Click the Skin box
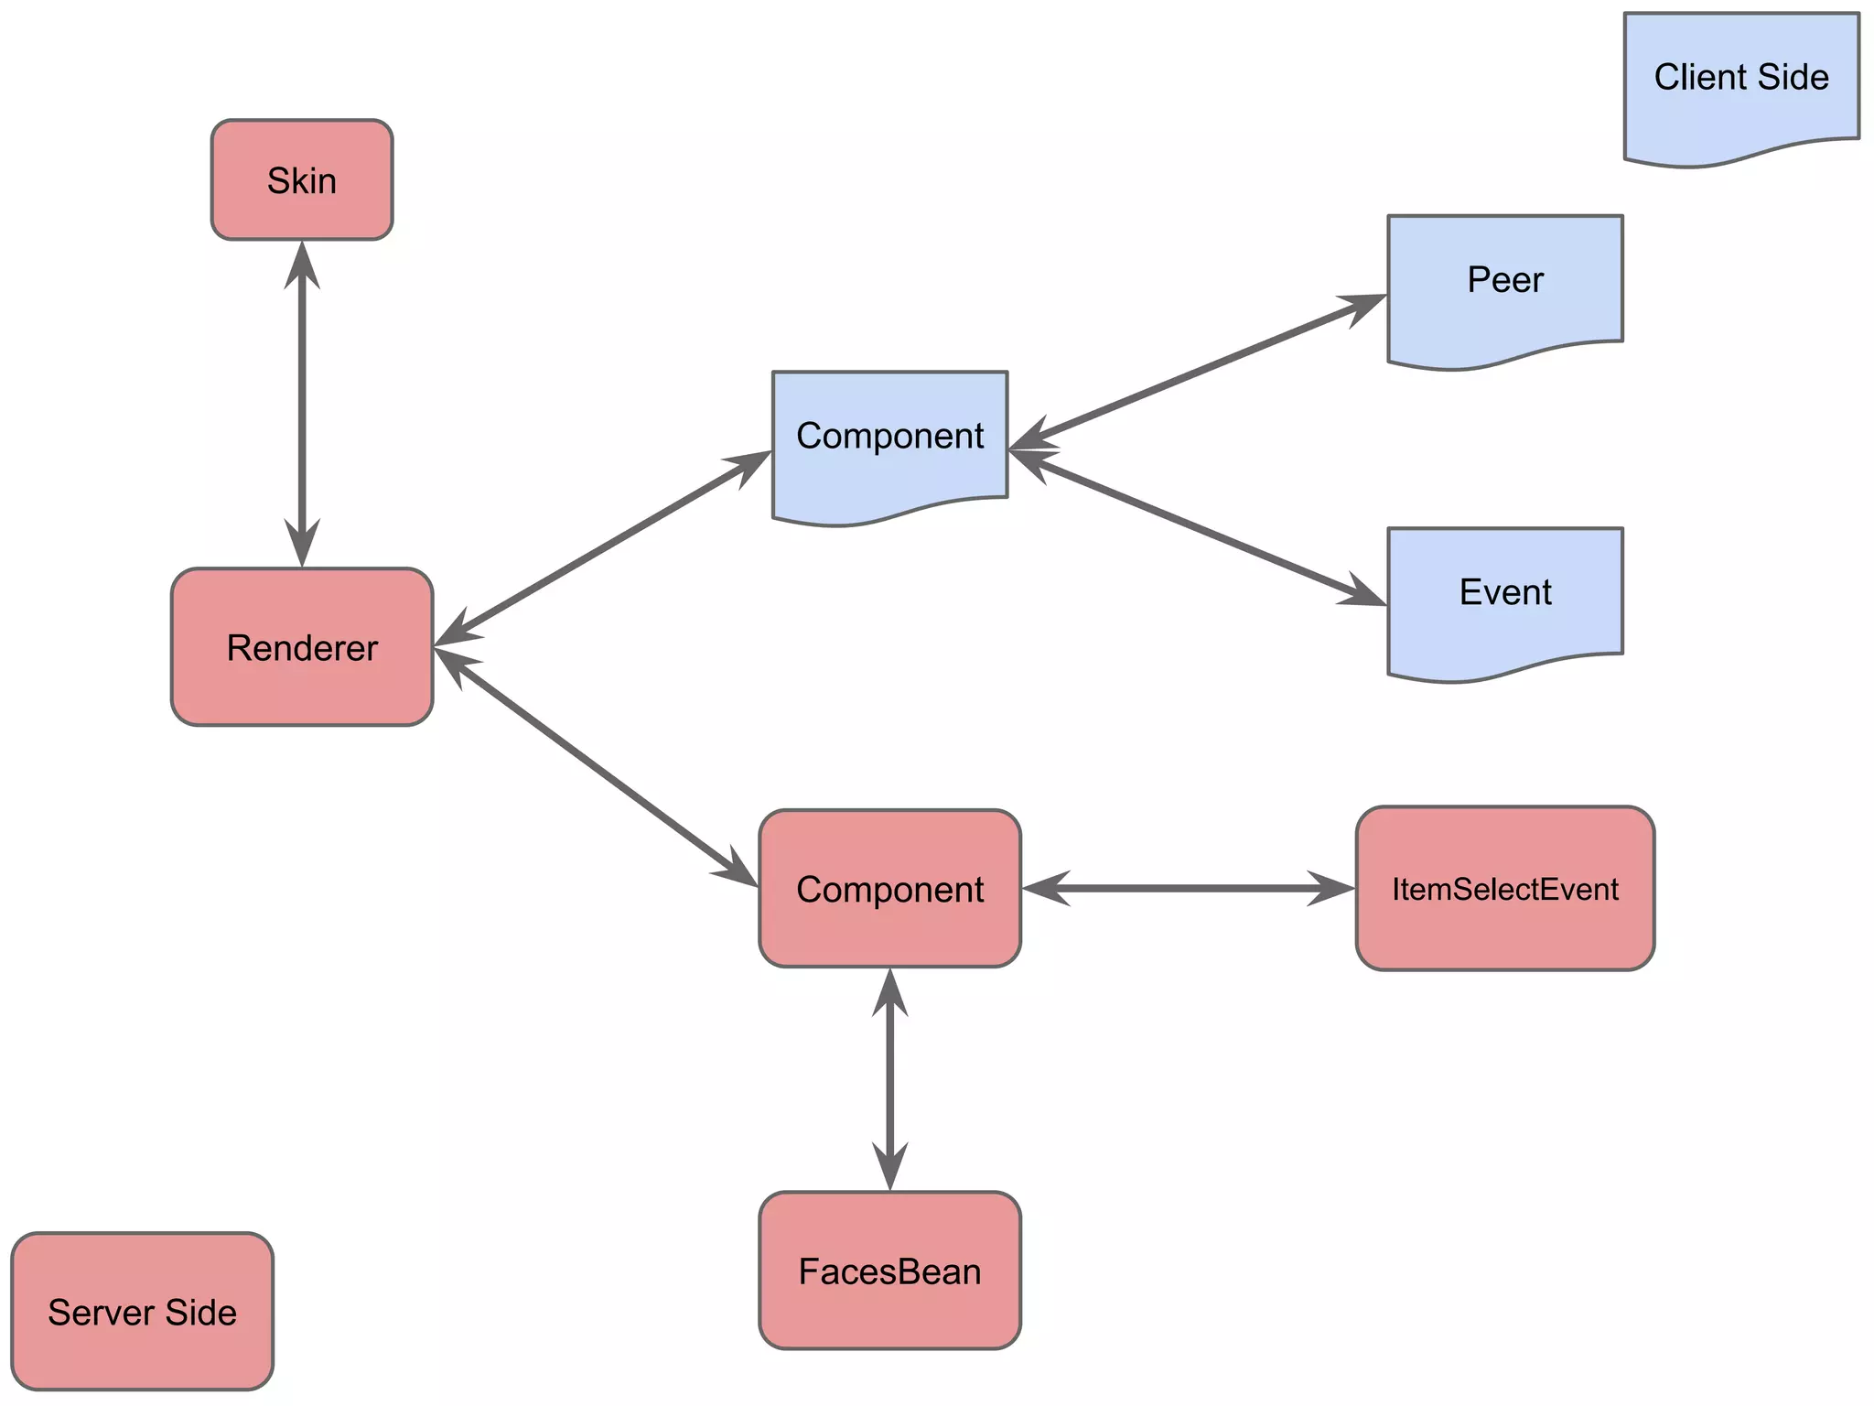302,180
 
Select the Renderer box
302,647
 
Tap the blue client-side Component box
889,437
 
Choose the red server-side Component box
889,888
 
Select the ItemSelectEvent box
1505,888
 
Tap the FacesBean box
889,1271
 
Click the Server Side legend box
143,1312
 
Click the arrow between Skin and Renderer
302,403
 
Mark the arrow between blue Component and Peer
1197,373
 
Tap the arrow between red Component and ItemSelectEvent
1188,888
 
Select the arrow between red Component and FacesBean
889,1080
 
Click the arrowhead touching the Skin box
302,261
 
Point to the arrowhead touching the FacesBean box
889,1170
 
